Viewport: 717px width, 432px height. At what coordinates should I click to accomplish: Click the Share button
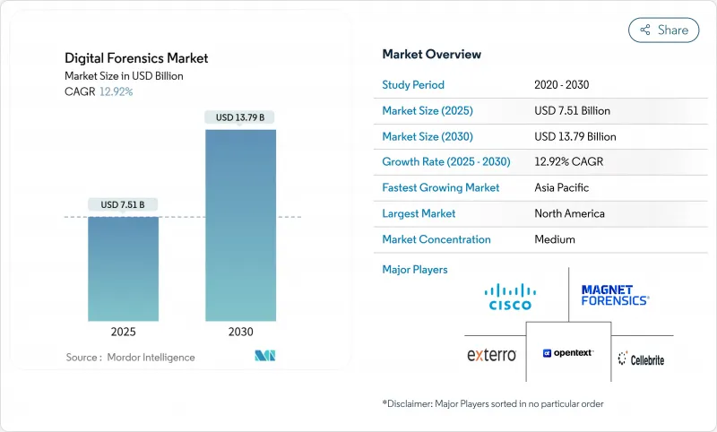(x=663, y=30)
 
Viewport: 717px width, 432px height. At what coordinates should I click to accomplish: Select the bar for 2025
(x=123, y=269)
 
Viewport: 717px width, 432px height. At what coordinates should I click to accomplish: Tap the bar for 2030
(x=240, y=224)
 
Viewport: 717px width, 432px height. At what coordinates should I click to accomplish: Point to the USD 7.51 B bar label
(x=123, y=204)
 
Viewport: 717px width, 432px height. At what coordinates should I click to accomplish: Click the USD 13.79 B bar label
(x=240, y=117)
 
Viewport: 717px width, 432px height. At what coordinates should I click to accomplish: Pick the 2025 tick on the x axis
(x=123, y=332)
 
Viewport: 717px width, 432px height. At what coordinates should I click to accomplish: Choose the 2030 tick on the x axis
(x=240, y=332)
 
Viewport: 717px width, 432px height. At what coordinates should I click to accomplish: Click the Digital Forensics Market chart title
(x=136, y=58)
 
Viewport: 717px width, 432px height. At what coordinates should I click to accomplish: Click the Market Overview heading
(x=431, y=55)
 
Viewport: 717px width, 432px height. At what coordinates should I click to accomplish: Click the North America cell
(x=569, y=213)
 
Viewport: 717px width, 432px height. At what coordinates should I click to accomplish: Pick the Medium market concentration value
(x=554, y=239)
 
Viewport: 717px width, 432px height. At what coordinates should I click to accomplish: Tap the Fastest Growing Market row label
(x=441, y=188)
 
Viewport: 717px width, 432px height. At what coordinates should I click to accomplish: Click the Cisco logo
(x=510, y=296)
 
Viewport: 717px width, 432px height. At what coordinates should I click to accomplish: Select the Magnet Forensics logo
(x=615, y=295)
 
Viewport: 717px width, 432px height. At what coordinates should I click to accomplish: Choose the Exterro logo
(x=492, y=355)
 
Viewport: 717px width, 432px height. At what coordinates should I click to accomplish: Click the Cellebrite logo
(x=641, y=359)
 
